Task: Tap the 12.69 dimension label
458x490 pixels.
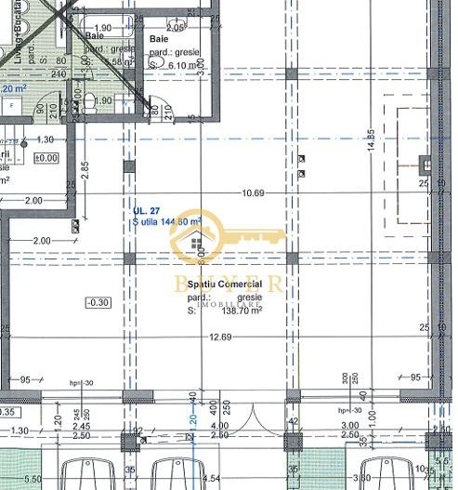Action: [x=219, y=337]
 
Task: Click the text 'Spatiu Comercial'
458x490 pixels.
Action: [x=224, y=282]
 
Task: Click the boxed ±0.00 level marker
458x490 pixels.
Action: [x=46, y=158]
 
